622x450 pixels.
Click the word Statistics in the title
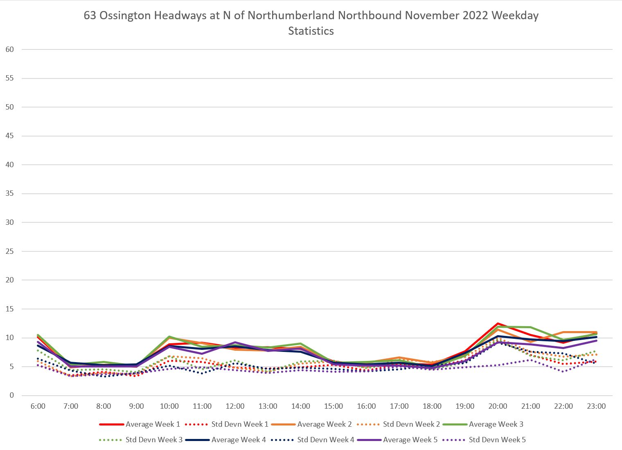pyautogui.click(x=311, y=31)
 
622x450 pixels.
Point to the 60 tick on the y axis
pyautogui.click(x=10, y=49)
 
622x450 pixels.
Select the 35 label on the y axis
pyautogui.click(x=10, y=194)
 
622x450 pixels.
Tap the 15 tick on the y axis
pyautogui.click(x=10, y=309)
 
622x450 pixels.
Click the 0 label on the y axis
pyautogui.click(x=12, y=396)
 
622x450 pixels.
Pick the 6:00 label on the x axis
pyautogui.click(x=38, y=406)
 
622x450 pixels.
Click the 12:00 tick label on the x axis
pyautogui.click(x=235, y=406)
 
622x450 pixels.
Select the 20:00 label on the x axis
pyautogui.click(x=498, y=406)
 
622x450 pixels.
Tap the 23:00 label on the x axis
pyautogui.click(x=596, y=406)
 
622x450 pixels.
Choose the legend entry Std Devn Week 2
pyautogui.click(x=411, y=424)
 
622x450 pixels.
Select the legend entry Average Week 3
pyautogui.click(x=496, y=424)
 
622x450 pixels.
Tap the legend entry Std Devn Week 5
pyautogui.click(x=497, y=440)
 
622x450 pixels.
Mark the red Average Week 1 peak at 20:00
pyautogui.click(x=498, y=323)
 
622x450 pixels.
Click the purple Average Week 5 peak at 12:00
pyautogui.click(x=235, y=342)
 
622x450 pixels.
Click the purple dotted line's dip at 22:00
pyautogui.click(x=563, y=371)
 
